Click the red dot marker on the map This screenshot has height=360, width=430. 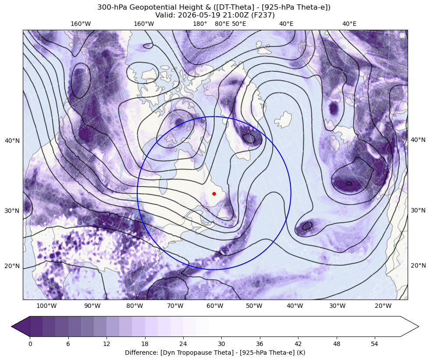coord(214,194)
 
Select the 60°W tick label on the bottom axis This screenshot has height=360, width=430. coord(215,306)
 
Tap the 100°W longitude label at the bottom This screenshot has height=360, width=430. coord(46,306)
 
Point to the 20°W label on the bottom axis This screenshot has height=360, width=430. coord(383,306)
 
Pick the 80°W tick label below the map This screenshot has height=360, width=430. coord(135,306)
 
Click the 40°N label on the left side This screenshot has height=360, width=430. coord(12,141)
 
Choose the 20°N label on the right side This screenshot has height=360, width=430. coord(418,265)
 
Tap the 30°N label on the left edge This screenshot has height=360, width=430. coord(12,211)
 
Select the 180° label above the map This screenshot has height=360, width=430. coord(200,24)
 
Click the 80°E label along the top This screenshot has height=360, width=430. coord(222,24)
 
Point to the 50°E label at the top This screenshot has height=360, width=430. coord(239,24)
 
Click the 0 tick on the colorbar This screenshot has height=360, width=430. coord(30,344)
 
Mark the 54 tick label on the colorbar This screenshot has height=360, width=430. coord(375,344)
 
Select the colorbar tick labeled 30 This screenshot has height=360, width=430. coord(222,344)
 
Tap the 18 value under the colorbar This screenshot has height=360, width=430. coord(145,344)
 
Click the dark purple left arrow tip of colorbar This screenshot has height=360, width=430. coord(12,326)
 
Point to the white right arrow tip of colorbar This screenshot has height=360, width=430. coord(418,326)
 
